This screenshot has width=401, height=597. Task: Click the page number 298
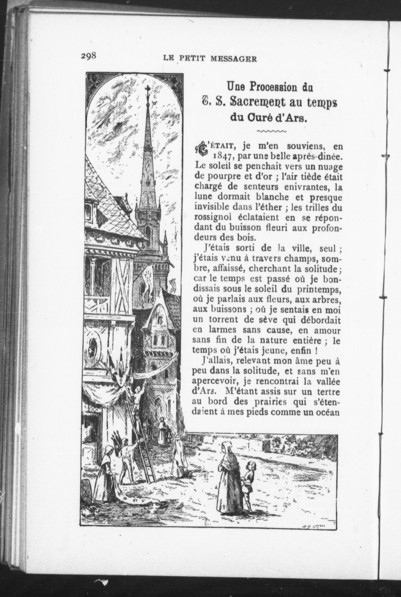pos(88,56)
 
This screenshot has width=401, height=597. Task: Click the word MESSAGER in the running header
pos(233,59)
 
